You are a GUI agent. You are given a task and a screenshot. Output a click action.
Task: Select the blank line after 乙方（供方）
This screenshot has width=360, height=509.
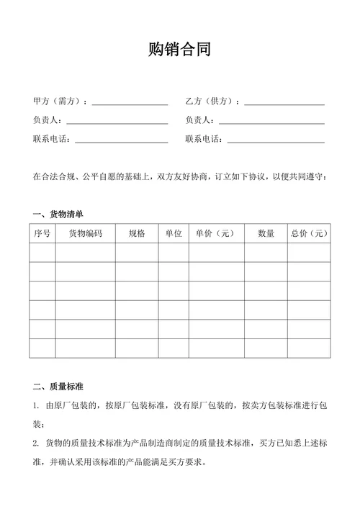[x=284, y=104]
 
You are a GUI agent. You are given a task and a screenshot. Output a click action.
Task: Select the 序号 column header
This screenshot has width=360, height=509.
[x=42, y=233]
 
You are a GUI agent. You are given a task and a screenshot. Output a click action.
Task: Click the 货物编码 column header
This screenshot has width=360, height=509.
[x=85, y=233]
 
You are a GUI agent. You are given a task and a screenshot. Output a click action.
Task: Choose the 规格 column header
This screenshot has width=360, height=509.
[x=137, y=233]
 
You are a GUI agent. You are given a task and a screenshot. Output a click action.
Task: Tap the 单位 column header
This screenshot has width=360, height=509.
[x=173, y=233]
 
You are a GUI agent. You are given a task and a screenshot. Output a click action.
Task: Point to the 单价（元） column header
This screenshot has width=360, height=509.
[x=215, y=233]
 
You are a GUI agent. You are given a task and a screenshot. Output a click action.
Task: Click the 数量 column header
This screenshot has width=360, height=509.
[x=266, y=233]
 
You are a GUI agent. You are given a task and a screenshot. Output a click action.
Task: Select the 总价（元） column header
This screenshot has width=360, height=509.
[x=309, y=233]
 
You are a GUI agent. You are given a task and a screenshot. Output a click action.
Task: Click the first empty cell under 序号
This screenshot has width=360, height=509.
[x=42, y=253]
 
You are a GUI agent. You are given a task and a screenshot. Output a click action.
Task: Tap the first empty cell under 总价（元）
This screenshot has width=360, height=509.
[x=309, y=253]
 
